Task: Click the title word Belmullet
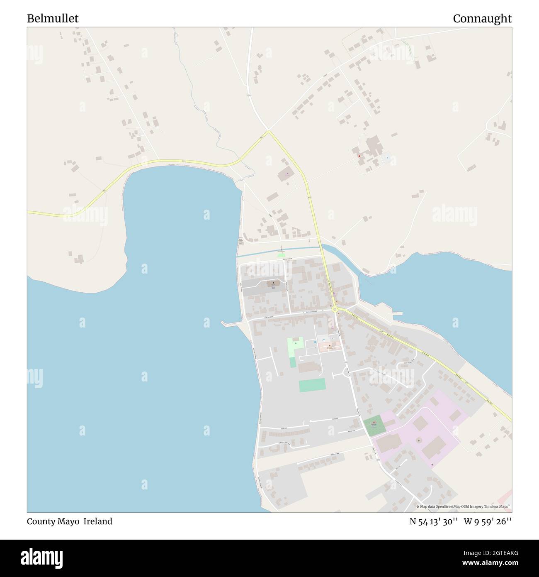(53, 19)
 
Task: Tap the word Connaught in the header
(482, 19)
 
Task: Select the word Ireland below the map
(98, 521)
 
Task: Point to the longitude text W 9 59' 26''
(488, 521)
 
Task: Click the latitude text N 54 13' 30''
(434, 521)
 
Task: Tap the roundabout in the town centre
(335, 309)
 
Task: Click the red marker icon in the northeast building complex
(359, 156)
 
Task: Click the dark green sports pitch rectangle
(312, 385)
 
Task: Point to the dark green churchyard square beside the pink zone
(374, 425)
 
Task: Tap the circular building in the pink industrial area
(419, 440)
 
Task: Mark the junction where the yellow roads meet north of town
(269, 132)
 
